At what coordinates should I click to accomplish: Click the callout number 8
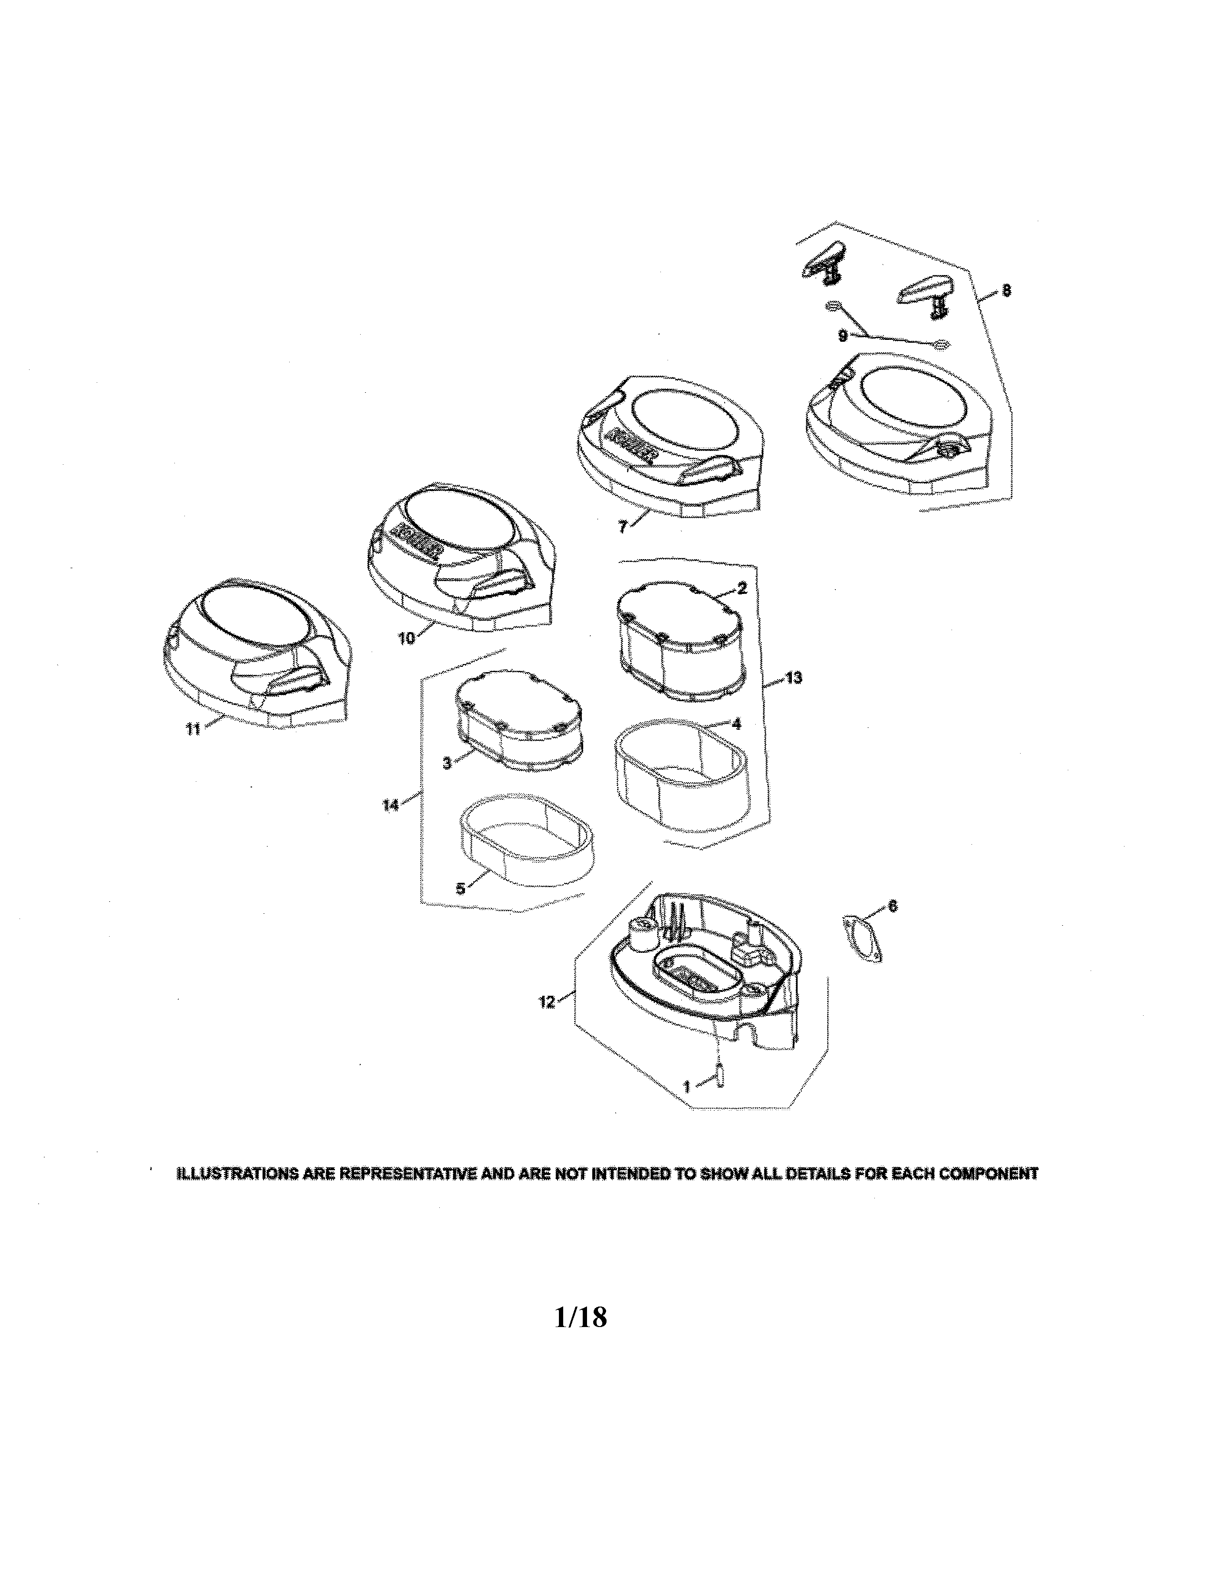pyautogui.click(x=1005, y=290)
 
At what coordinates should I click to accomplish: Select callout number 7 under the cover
pyautogui.click(x=623, y=527)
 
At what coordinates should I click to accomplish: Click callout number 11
pyautogui.click(x=192, y=729)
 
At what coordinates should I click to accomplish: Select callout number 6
pyautogui.click(x=892, y=907)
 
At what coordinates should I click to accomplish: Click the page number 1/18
pyautogui.click(x=581, y=1318)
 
